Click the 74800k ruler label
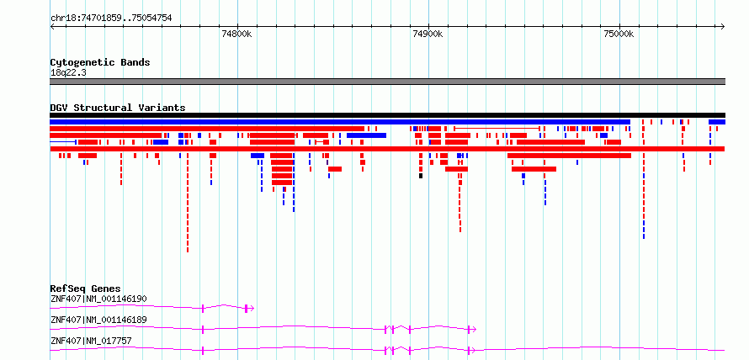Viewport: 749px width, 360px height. pyautogui.click(x=237, y=34)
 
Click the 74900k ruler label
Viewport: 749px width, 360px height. pyautogui.click(x=428, y=34)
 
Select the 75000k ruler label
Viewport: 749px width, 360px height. pyautogui.click(x=619, y=34)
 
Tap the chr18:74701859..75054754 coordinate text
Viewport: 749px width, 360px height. pyautogui.click(x=111, y=19)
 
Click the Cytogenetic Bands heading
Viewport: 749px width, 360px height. pyautogui.click(x=100, y=62)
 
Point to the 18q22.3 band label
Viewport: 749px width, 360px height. pyautogui.click(x=68, y=73)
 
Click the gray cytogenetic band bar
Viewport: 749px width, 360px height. pyautogui.click(x=387, y=82)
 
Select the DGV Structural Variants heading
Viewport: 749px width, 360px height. pyautogui.click(x=118, y=108)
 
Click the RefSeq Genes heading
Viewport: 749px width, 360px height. pyautogui.click(x=86, y=289)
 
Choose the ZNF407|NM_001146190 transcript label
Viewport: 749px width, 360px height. pyautogui.click(x=98, y=299)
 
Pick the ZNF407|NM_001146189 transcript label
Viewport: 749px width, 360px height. pyautogui.click(x=98, y=320)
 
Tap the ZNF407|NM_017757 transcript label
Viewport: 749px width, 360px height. pyautogui.click(x=91, y=341)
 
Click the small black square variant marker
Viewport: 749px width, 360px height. pyautogui.click(x=421, y=176)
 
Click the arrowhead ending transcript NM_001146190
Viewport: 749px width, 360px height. pyautogui.click(x=252, y=309)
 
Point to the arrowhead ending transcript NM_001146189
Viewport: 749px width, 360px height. pyautogui.click(x=474, y=330)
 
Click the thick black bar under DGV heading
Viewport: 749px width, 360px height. pyautogui.click(x=387, y=115)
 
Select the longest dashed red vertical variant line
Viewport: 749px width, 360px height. pyautogui.click(x=188, y=204)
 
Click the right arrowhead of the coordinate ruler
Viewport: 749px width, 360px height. pyautogui.click(x=723, y=27)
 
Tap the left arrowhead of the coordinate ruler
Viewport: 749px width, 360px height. pyautogui.click(x=52, y=27)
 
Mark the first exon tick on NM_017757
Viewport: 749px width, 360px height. pyautogui.click(x=203, y=351)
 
